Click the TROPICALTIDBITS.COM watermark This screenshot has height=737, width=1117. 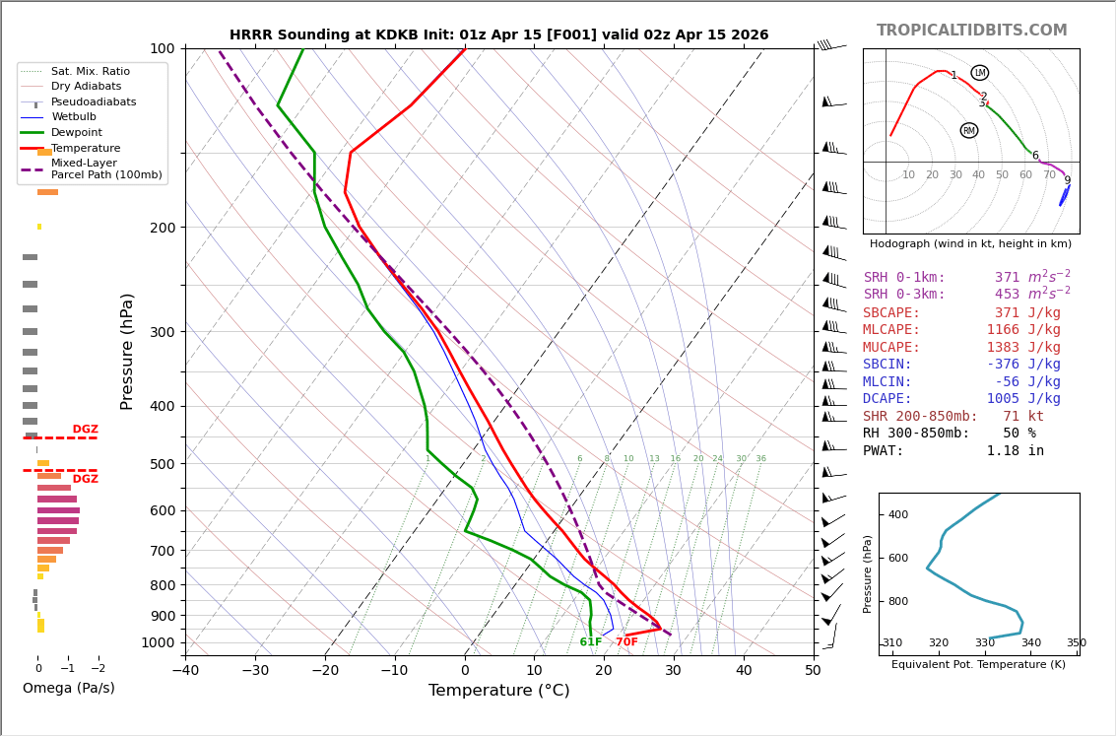[x=971, y=31]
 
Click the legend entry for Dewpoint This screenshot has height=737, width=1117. [x=76, y=132]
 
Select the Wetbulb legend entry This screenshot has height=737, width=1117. [x=74, y=117]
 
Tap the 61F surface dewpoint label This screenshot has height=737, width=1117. [x=590, y=642]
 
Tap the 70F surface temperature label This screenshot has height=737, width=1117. [x=626, y=642]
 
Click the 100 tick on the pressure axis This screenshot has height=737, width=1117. [x=163, y=48]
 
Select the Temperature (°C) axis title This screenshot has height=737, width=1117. [x=498, y=691]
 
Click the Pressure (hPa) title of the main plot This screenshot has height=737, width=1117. [x=127, y=351]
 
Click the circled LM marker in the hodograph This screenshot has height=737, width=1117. [x=979, y=73]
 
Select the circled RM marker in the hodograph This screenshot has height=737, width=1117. [x=969, y=130]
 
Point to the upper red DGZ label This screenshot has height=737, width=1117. [x=85, y=430]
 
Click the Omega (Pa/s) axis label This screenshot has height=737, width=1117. [x=68, y=688]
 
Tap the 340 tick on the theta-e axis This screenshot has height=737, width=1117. [x=1030, y=642]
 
